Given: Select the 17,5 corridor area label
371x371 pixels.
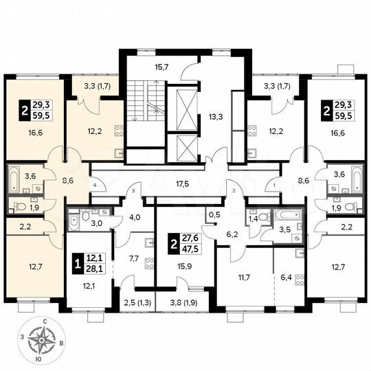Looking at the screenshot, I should [x=183, y=184].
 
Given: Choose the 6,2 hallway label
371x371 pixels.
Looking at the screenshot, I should [x=232, y=234].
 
